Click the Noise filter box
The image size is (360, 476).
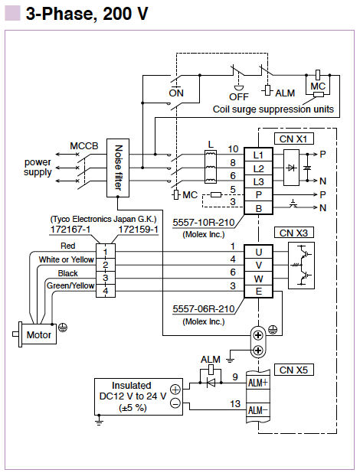click(x=118, y=168)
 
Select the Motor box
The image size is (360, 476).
click(x=39, y=334)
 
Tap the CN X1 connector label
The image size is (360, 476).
click(x=293, y=139)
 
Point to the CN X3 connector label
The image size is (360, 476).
click(x=293, y=233)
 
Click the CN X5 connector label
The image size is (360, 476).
click(x=293, y=370)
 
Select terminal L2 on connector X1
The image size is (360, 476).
click(x=259, y=168)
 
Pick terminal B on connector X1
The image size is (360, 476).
click(x=259, y=208)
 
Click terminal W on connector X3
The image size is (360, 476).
click(x=259, y=279)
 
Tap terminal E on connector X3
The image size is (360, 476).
click(x=259, y=292)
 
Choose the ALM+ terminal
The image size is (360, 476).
click(x=257, y=383)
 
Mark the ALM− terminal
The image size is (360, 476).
click(x=257, y=410)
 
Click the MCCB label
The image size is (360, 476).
click(x=84, y=146)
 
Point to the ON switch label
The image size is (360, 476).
click(x=176, y=93)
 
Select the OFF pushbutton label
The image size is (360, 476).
click(x=239, y=97)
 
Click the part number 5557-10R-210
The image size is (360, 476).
click(x=204, y=223)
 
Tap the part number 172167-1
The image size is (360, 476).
click(x=70, y=229)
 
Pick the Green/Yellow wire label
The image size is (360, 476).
click(x=70, y=285)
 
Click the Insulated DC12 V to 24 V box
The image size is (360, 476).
click(x=139, y=396)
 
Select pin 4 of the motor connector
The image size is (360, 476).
click(x=106, y=291)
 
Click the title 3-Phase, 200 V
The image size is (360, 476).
click(x=87, y=14)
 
